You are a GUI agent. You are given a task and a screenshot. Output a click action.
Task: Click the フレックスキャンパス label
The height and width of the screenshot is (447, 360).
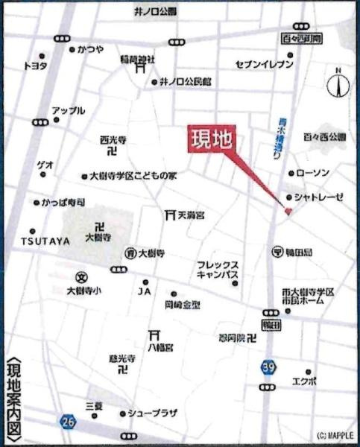(x=218, y=269)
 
